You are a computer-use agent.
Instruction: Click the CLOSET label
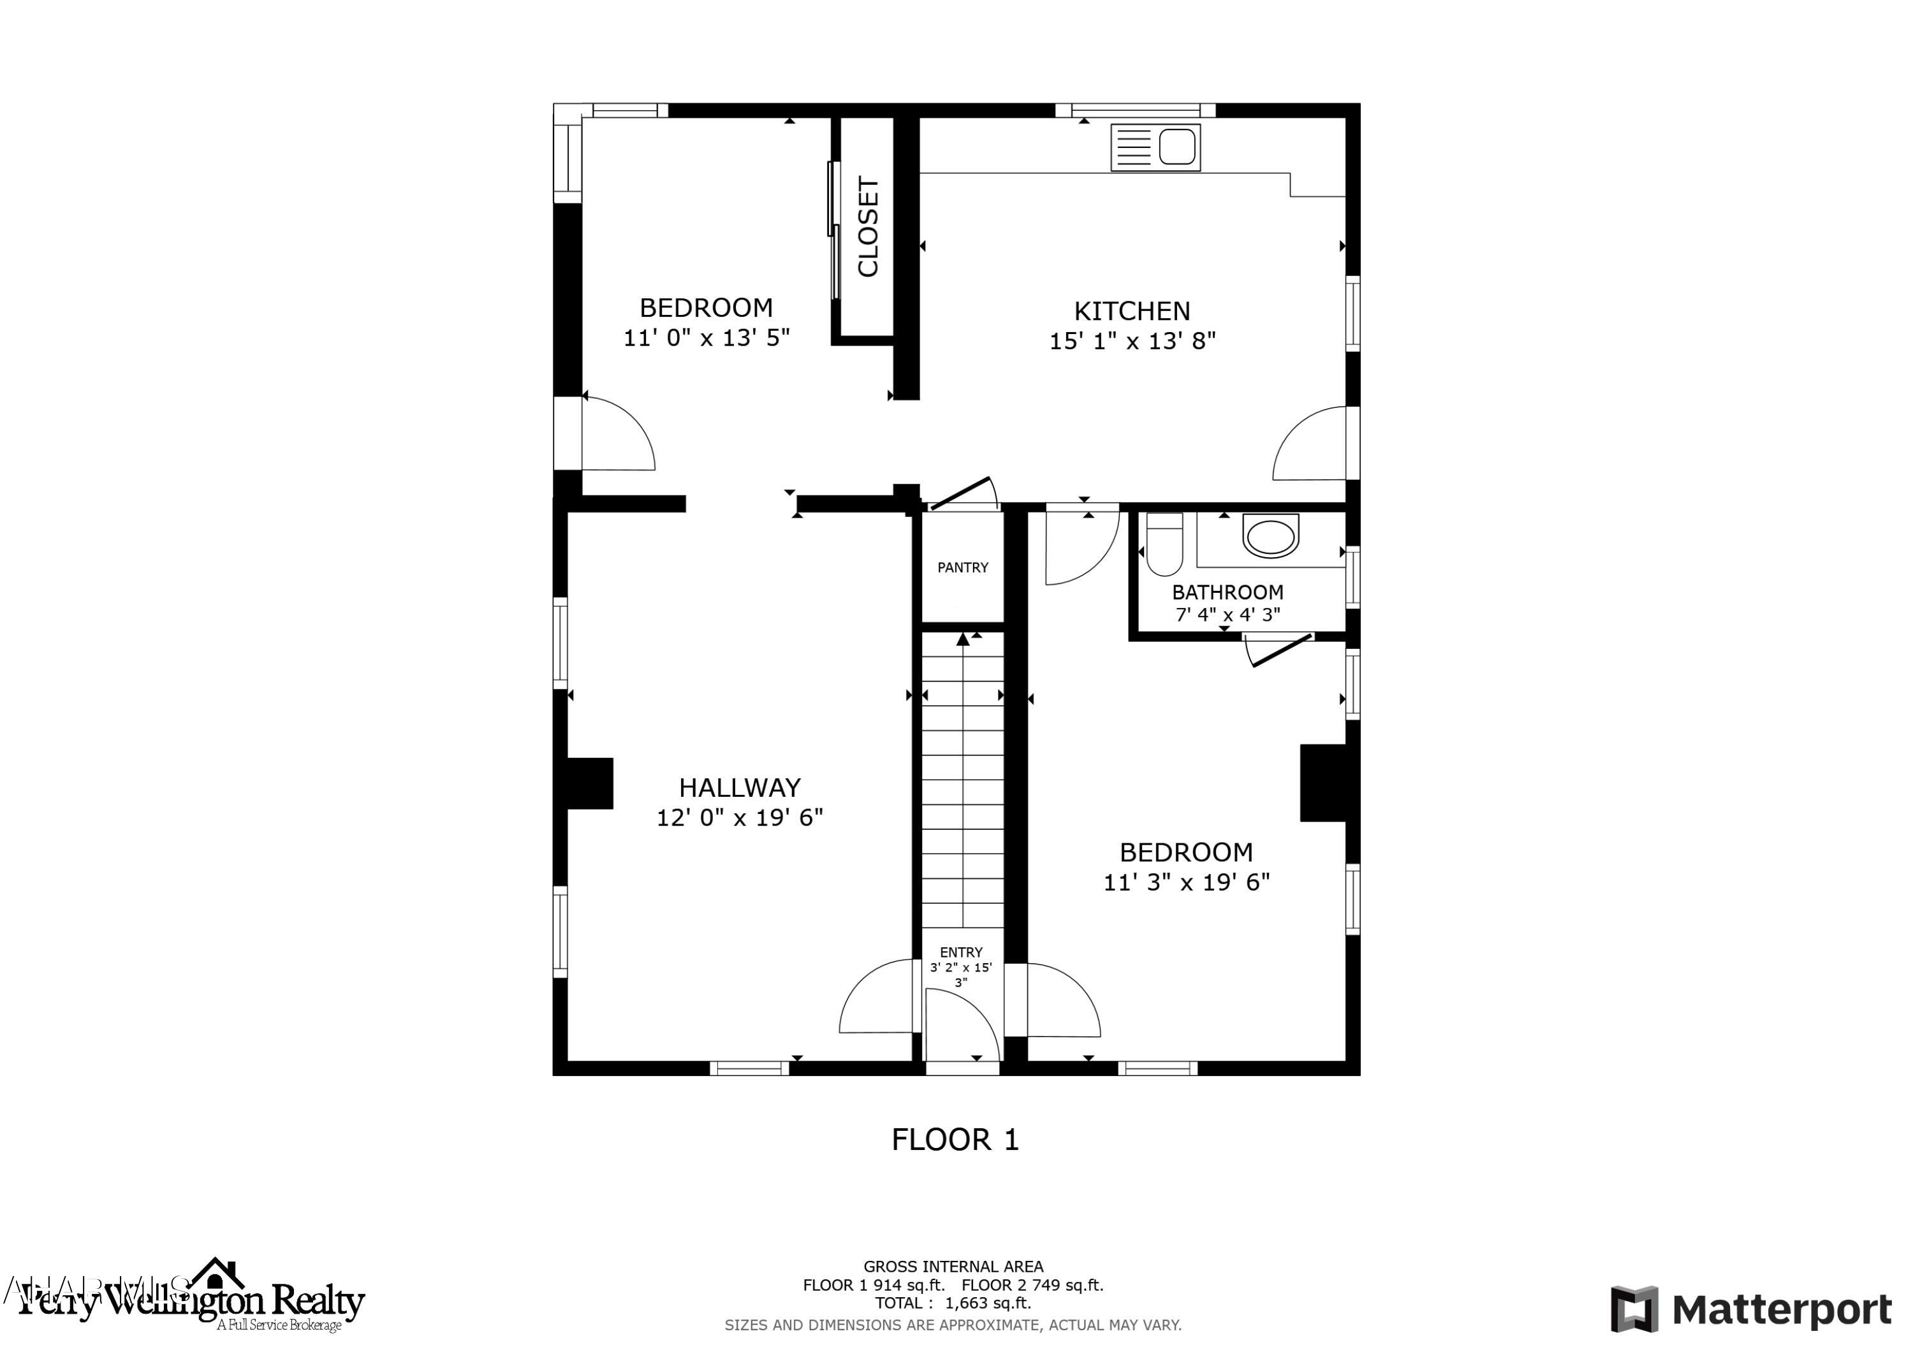pos(868,226)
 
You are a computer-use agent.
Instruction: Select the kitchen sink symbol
pos(1155,147)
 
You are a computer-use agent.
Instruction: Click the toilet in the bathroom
pos(1164,546)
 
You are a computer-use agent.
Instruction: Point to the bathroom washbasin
pos(1270,535)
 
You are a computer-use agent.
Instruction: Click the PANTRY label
pos(962,568)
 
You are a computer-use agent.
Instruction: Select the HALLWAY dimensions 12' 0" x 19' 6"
pos(739,818)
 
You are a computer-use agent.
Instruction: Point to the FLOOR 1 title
pos(955,1140)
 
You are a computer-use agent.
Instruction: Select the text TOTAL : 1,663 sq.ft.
pos(952,1304)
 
